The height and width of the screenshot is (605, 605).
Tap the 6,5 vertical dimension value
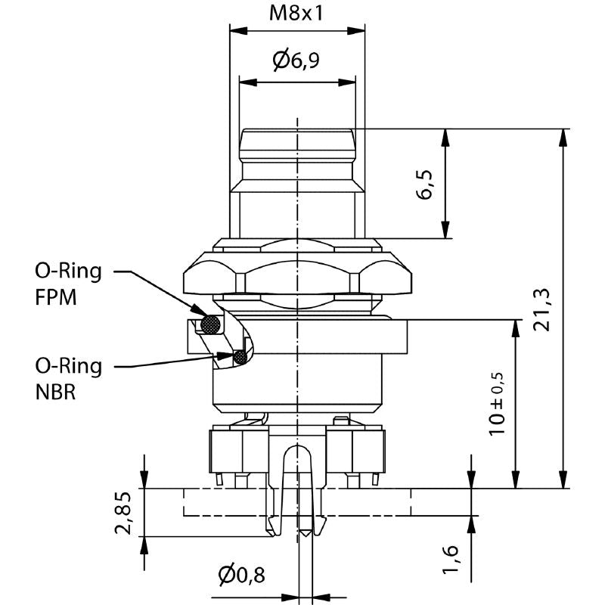425,185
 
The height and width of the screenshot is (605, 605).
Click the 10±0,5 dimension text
497,403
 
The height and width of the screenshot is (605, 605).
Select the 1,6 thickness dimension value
451,560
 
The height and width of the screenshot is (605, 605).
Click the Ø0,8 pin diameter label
241,576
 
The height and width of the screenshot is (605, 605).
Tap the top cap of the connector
297,141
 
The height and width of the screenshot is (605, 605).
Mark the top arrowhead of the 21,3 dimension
563,137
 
